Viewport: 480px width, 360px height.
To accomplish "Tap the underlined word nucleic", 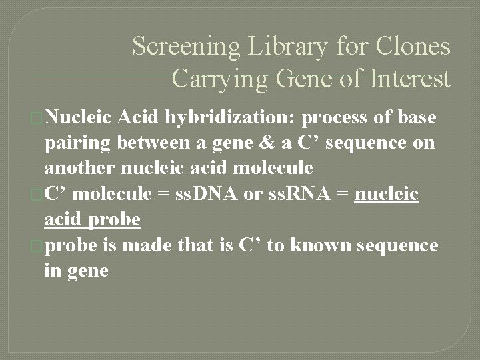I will pyautogui.click(x=387, y=194).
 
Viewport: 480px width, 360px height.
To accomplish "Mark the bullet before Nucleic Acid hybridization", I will pyautogui.click(x=37, y=119).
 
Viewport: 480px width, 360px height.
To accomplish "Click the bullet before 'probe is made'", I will pyautogui.click(x=37, y=246).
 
